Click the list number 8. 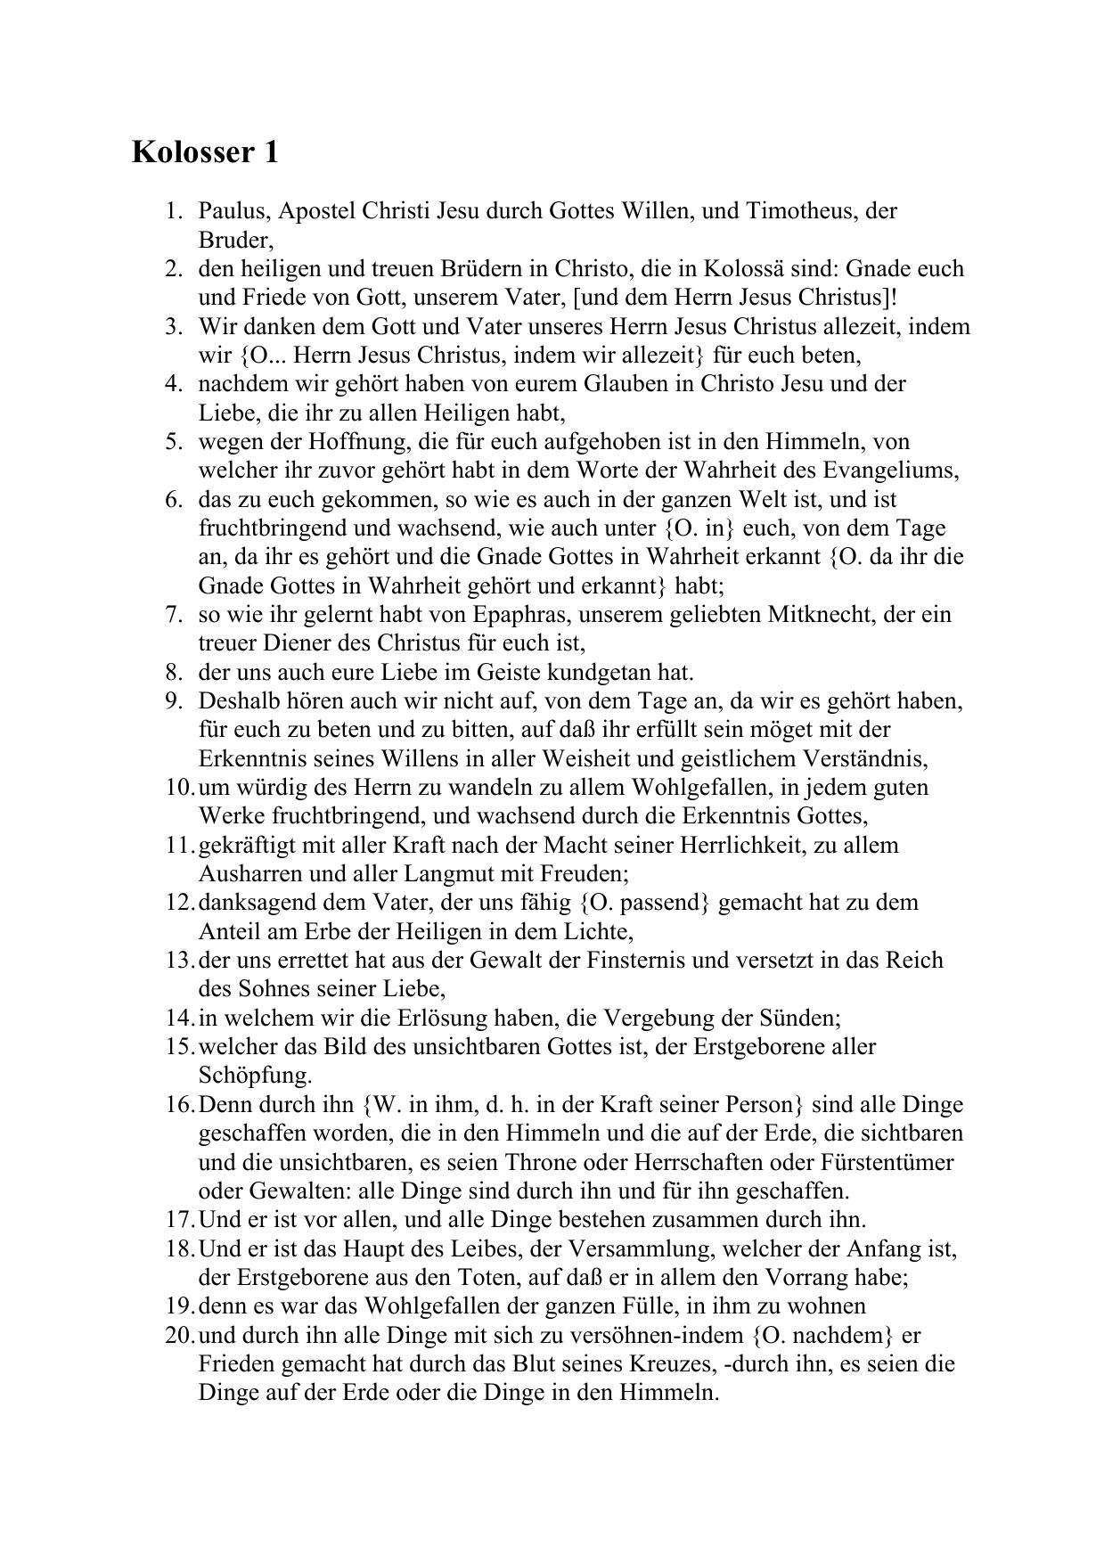click(174, 673)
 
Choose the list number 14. click(178, 1019)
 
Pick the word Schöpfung click(254, 1076)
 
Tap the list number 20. click(178, 1336)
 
